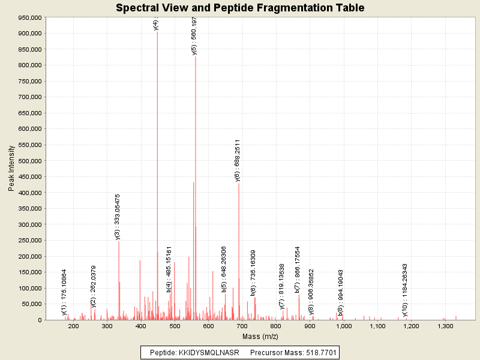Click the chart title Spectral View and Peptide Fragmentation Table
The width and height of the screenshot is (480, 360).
(240, 8)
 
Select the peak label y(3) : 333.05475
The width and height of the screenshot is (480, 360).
(118, 217)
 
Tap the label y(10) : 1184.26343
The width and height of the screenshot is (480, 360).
(405, 290)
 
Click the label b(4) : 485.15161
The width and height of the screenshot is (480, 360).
(169, 269)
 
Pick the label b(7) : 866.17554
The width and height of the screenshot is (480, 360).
(297, 269)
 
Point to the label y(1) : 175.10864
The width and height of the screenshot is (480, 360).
(64, 292)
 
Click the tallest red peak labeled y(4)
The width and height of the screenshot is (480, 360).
(157, 180)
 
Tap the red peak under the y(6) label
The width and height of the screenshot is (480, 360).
(239, 252)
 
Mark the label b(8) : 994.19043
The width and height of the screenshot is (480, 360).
(340, 292)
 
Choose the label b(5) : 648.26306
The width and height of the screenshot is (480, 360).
(224, 269)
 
